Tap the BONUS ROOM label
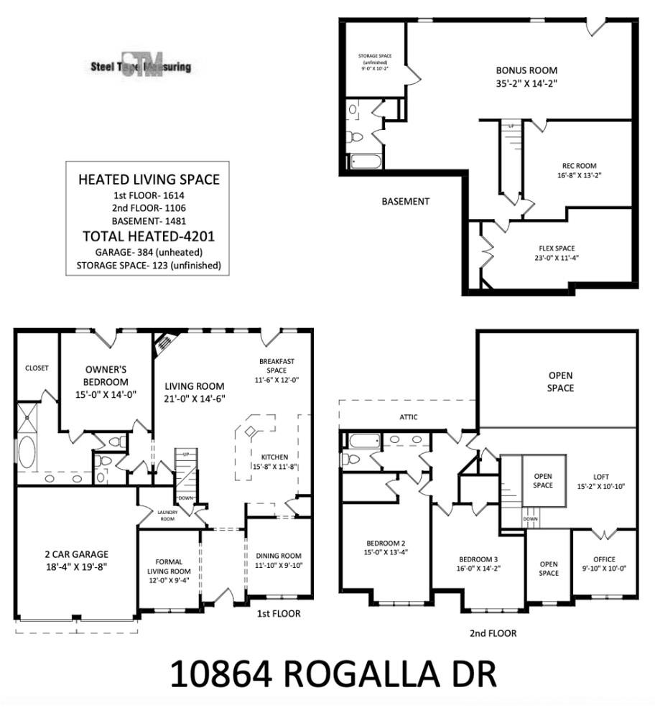pyautogui.click(x=526, y=71)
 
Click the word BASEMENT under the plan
pyautogui.click(x=405, y=202)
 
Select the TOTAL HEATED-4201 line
pyautogui.click(x=149, y=236)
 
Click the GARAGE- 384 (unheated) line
pyautogui.click(x=149, y=252)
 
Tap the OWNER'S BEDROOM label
pyautogui.click(x=106, y=376)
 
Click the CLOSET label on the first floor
pyautogui.click(x=37, y=368)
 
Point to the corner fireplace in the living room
pyautogui.click(x=164, y=342)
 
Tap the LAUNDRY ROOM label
pyautogui.click(x=167, y=515)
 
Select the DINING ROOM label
pyautogui.click(x=279, y=556)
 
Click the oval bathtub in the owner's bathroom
pyautogui.click(x=27, y=454)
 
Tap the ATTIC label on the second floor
pyautogui.click(x=409, y=417)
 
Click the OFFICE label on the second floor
pyautogui.click(x=604, y=559)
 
